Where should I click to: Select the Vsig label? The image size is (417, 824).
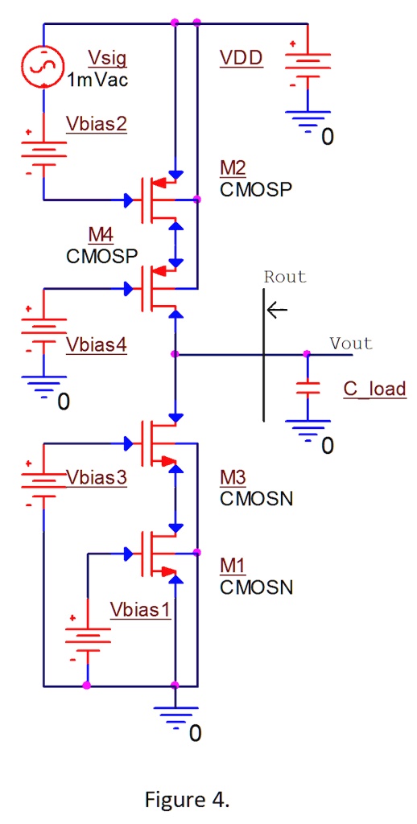[x=107, y=58]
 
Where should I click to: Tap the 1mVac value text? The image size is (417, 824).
[x=97, y=80]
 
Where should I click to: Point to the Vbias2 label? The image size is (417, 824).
[x=95, y=124]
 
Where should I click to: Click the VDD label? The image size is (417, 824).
[x=241, y=58]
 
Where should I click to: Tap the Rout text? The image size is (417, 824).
[x=285, y=277]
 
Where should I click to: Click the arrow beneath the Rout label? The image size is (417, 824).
[x=278, y=310]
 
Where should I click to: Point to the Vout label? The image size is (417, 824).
[x=351, y=344]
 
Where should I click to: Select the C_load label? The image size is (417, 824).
[x=374, y=390]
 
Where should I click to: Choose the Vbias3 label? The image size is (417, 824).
[x=96, y=476]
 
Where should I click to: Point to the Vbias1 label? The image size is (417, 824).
[x=141, y=608]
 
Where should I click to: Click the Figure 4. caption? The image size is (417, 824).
[x=187, y=799]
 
